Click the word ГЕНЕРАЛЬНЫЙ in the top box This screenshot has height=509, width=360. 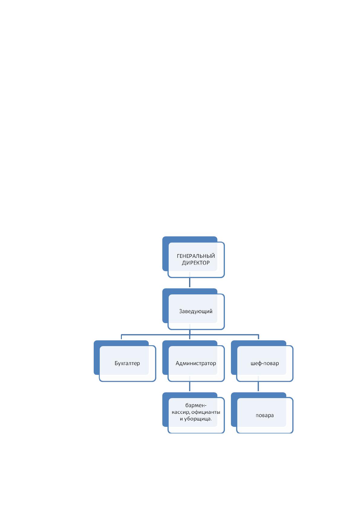click(196, 256)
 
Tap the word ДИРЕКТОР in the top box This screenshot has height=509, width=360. click(196, 263)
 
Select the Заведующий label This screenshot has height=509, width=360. click(196, 311)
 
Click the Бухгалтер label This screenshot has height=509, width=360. click(127, 363)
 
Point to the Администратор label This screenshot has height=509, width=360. click(196, 363)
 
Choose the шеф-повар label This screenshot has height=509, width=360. click(264, 363)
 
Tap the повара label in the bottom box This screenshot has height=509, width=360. click(264, 415)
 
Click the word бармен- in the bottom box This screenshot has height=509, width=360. click(196, 405)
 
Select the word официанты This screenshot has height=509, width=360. click(206, 412)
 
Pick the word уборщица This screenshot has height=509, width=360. click(198, 419)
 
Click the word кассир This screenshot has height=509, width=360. click(181, 412)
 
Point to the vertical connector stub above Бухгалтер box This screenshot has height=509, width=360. click(121, 337)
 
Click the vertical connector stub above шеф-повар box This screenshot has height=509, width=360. click(258, 337)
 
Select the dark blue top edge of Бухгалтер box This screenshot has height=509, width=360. click(121, 343)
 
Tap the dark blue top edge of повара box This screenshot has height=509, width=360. click(258, 395)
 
